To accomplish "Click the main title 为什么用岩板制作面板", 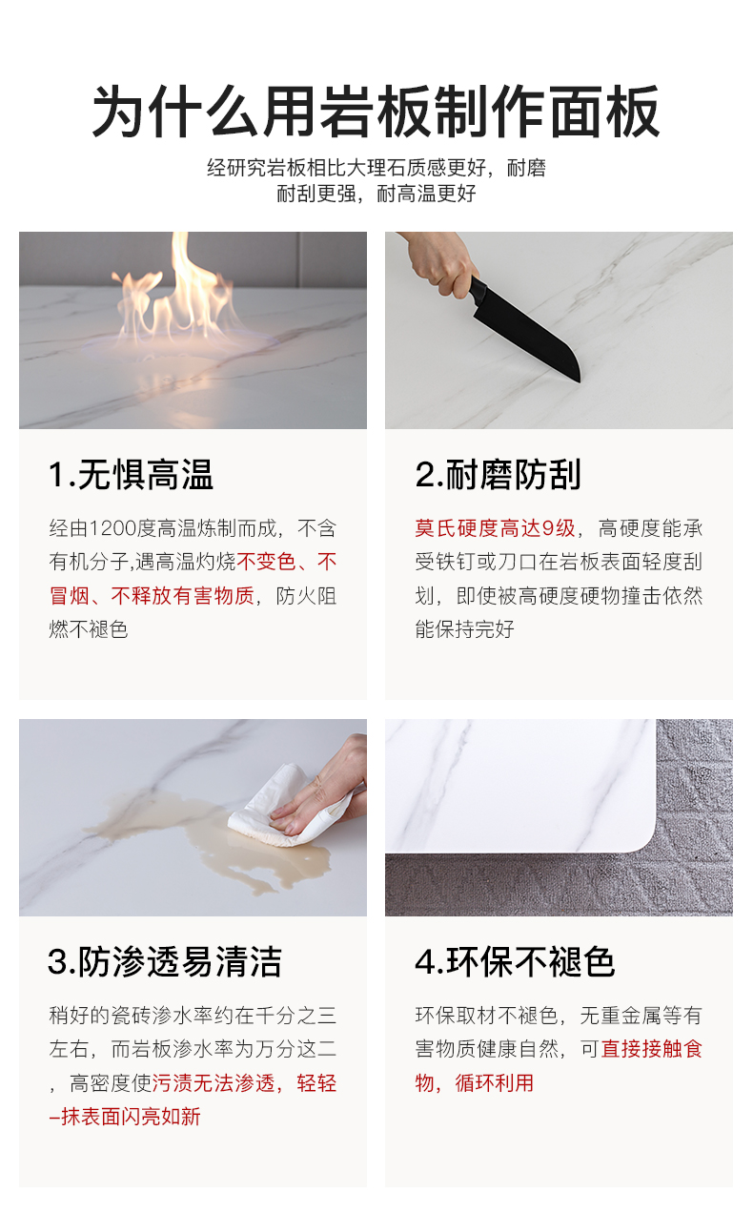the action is click(x=376, y=113).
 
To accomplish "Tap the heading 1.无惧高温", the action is click(x=131, y=475).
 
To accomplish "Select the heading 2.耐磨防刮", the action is click(x=499, y=475).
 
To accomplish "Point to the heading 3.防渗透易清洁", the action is click(x=165, y=962).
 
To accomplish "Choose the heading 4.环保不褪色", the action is click(x=515, y=962).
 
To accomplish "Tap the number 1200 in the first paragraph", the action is click(x=112, y=528).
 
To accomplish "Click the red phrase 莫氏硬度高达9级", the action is click(x=495, y=528).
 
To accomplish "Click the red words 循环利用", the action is click(x=495, y=1083).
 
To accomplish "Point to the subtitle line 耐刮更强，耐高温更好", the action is click(x=376, y=194).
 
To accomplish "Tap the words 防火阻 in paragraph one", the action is click(x=306, y=596).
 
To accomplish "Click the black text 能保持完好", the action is click(x=464, y=629).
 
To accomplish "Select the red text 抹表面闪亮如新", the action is click(x=131, y=1117).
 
